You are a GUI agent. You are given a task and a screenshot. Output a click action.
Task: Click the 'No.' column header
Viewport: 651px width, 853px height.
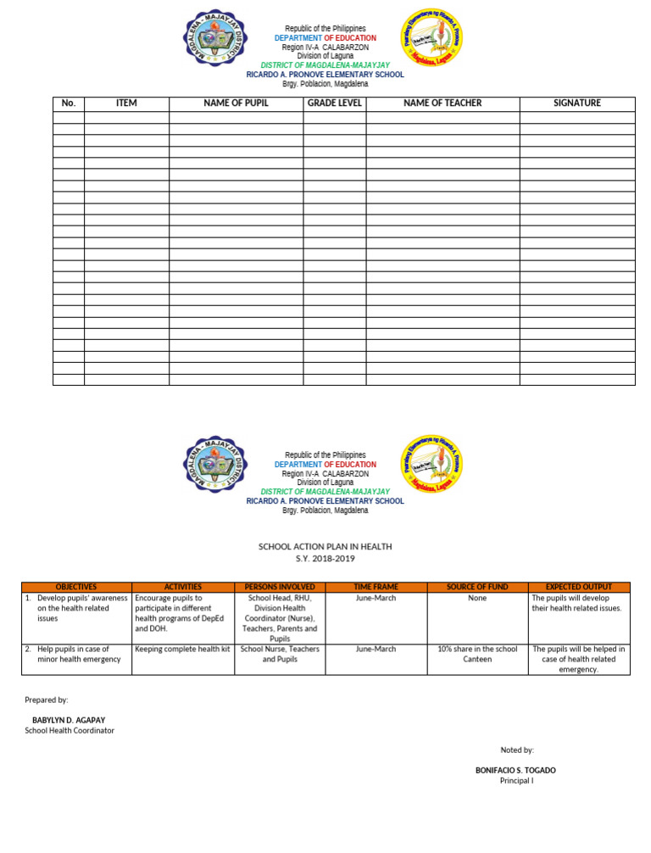click(x=69, y=103)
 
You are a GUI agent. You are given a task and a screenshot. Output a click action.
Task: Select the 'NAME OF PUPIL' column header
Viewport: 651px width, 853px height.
click(x=236, y=103)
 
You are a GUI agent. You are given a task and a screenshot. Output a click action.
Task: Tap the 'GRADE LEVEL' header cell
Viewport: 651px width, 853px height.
click(x=335, y=103)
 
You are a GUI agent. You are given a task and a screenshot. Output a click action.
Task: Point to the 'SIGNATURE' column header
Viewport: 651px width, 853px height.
click(x=577, y=103)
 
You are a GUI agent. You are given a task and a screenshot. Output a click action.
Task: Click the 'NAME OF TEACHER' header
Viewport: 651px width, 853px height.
click(x=442, y=103)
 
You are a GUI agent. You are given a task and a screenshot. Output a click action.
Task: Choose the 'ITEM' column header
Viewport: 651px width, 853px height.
click(x=126, y=103)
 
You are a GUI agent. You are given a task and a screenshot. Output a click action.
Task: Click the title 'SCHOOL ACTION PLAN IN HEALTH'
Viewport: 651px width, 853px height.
click(x=325, y=547)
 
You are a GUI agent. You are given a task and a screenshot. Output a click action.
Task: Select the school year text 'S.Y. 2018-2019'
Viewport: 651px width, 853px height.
click(x=325, y=559)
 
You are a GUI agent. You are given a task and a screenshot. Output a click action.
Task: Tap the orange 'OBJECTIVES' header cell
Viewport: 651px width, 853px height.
click(x=75, y=587)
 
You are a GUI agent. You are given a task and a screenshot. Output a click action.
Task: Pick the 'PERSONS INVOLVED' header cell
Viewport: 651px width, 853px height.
click(x=279, y=587)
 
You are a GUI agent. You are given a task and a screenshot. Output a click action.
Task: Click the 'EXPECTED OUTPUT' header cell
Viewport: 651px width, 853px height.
click(x=578, y=587)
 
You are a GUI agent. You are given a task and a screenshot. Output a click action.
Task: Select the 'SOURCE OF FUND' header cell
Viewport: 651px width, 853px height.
click(x=476, y=587)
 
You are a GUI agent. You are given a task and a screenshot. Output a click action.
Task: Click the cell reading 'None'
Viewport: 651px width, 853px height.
click(x=476, y=598)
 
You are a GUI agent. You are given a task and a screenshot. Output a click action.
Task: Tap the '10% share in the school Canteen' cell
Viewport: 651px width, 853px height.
click(x=476, y=654)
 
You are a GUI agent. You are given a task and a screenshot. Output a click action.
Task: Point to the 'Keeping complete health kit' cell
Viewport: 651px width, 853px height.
click(x=183, y=650)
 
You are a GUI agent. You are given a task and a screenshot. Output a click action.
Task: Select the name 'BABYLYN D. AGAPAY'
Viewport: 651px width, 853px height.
click(x=69, y=720)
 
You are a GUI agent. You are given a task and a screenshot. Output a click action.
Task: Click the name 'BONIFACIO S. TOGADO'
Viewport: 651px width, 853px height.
click(x=516, y=770)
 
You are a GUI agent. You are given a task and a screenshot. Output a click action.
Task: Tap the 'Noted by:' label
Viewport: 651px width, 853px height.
click(x=517, y=750)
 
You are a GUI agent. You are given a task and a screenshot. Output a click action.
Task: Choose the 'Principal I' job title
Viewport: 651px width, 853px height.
click(x=516, y=780)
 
